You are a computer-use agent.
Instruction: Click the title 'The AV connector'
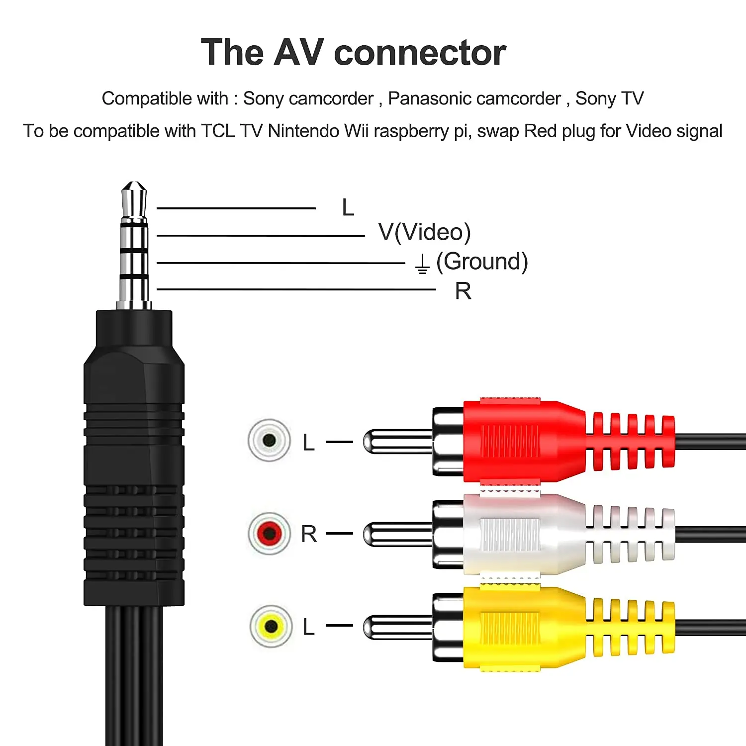click(353, 53)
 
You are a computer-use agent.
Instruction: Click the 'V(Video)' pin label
click(424, 232)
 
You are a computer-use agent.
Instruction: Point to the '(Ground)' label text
click(481, 262)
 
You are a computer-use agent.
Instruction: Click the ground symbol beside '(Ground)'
click(422, 264)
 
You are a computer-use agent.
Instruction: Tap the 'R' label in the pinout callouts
click(463, 291)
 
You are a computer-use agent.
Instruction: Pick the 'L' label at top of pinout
click(348, 207)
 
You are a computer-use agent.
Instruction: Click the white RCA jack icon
click(269, 440)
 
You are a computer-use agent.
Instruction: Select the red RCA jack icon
click(269, 534)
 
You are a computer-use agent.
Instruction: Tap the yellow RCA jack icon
click(271, 626)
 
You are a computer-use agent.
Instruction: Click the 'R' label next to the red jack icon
click(309, 534)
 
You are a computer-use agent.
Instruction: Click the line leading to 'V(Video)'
click(261, 236)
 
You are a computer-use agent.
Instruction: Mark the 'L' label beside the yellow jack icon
click(308, 627)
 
